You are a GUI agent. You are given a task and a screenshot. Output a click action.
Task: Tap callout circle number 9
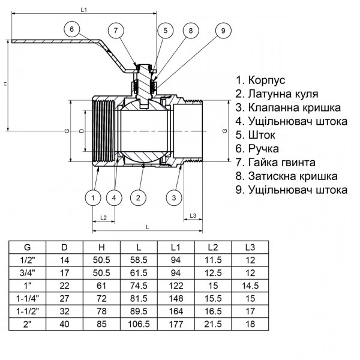223,31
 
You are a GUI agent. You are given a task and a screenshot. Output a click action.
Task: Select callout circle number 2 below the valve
138,197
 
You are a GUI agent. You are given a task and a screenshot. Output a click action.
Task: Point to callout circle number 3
173,197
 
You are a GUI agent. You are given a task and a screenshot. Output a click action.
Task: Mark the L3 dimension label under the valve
194,215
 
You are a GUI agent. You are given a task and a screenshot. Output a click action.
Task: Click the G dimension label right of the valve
224,130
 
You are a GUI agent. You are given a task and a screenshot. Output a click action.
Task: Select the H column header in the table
101,247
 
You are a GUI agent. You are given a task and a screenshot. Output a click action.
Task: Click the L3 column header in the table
250,247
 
